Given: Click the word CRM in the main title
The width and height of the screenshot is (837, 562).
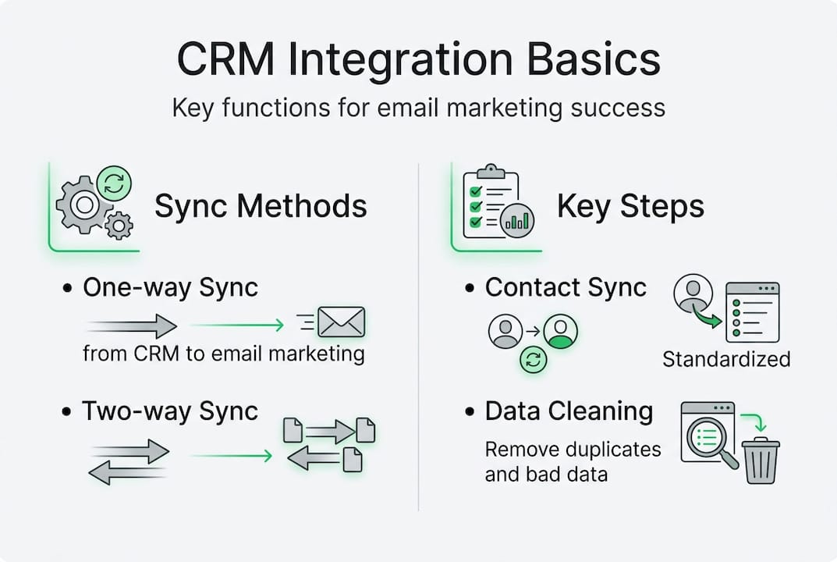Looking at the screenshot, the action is point(225,59).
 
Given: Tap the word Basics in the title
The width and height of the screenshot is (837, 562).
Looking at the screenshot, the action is point(594,59).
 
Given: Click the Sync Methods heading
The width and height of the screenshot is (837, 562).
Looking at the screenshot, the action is point(261,206).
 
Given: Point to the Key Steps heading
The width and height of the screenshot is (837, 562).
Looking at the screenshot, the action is point(630,206).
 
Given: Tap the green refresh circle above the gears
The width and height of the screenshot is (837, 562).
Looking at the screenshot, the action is point(114,183).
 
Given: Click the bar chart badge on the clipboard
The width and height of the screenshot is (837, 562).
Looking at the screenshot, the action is point(516,221).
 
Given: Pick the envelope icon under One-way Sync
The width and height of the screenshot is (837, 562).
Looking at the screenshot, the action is point(342,322).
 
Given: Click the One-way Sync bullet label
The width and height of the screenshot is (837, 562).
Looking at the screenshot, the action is point(170,287).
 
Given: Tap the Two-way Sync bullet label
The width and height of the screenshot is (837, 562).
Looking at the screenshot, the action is point(170,411).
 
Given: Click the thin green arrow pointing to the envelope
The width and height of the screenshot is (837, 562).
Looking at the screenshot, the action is point(237,324).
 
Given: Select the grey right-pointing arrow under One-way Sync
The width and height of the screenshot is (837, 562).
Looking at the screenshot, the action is point(132,325).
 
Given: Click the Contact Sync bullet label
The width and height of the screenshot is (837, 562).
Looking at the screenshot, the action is point(566,287).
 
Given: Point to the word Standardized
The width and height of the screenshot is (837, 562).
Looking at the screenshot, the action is point(726,359).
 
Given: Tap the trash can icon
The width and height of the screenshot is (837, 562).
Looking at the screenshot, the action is point(761,460).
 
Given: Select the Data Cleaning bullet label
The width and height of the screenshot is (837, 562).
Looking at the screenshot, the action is point(569,411).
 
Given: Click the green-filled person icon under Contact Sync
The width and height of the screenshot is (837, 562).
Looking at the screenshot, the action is point(561,331).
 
